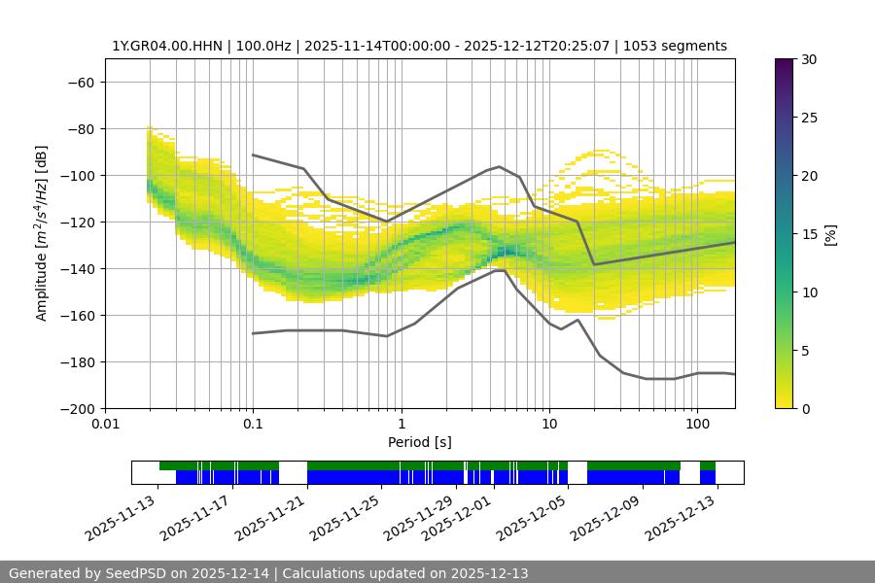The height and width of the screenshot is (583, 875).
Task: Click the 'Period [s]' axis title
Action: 419,442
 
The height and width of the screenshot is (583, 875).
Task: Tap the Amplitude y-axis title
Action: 42,233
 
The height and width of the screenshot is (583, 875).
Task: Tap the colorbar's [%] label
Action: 830,234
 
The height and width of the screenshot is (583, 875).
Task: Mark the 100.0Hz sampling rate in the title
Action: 255,46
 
